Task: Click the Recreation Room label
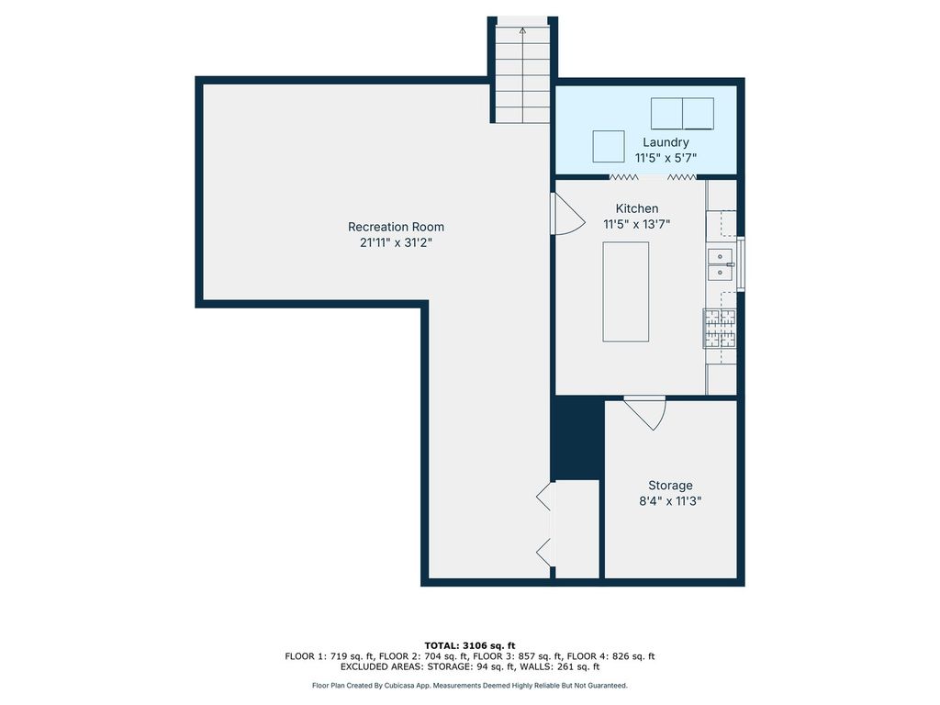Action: (x=396, y=227)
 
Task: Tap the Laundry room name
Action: (x=666, y=142)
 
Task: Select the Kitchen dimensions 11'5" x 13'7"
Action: (x=636, y=224)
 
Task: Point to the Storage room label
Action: (x=670, y=486)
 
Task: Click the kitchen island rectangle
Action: (x=626, y=292)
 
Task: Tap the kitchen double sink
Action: (x=721, y=265)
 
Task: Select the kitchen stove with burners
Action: (x=720, y=329)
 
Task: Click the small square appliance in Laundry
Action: (x=609, y=146)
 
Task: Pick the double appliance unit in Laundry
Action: (x=682, y=114)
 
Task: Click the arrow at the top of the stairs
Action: (x=522, y=30)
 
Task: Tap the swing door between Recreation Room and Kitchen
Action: (x=567, y=213)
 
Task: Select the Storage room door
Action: (x=645, y=412)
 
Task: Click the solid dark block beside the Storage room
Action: (x=577, y=438)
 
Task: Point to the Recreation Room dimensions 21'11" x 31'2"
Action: (x=396, y=242)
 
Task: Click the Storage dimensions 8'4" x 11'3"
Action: (x=670, y=501)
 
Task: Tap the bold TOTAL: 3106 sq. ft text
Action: (x=470, y=645)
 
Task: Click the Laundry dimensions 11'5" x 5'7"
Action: (x=666, y=158)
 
